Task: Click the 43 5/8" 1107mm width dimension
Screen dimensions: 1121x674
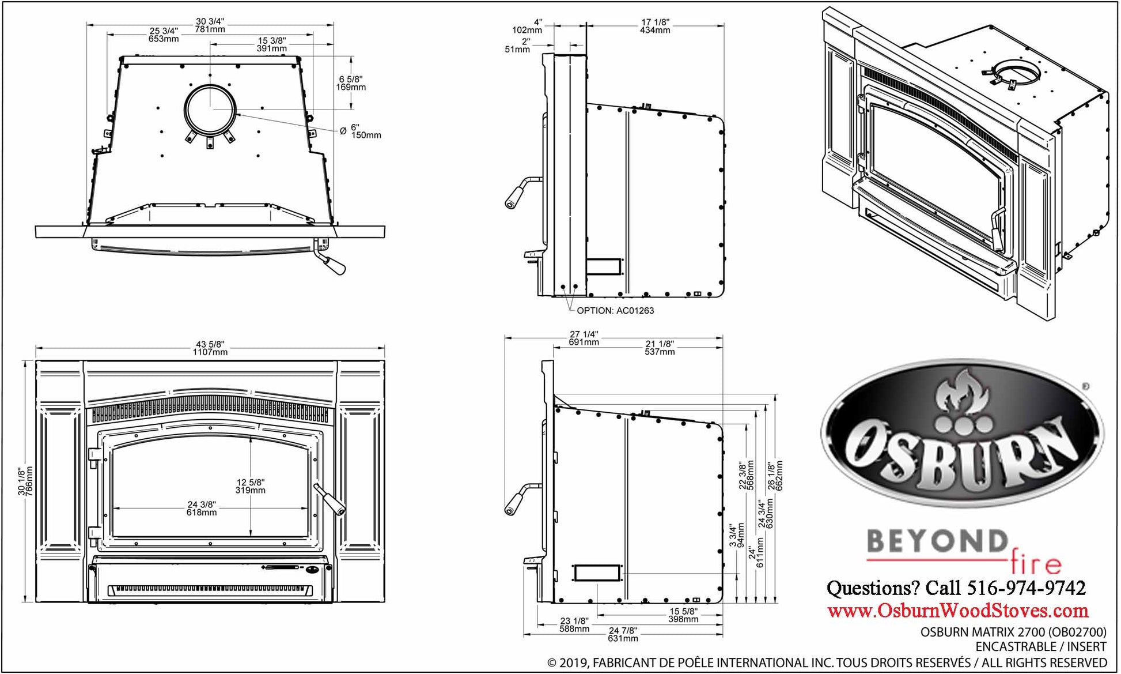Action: pyautogui.click(x=210, y=348)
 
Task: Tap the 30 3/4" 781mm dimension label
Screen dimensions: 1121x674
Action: pyautogui.click(x=210, y=25)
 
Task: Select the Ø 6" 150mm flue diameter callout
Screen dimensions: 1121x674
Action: pyautogui.click(x=361, y=131)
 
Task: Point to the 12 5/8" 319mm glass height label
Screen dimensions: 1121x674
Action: pyautogui.click(x=251, y=486)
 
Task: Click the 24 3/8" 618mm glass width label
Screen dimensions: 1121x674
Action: pyautogui.click(x=202, y=508)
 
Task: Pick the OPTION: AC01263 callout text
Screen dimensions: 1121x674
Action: pyautogui.click(x=615, y=310)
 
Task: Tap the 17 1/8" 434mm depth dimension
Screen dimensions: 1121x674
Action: pyautogui.click(x=655, y=26)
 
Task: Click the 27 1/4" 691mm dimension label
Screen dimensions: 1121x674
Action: pyautogui.click(x=584, y=338)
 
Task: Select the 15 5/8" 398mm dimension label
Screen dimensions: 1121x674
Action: pyautogui.click(x=683, y=615)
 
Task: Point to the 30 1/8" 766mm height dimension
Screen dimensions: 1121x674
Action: pyautogui.click(x=25, y=481)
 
